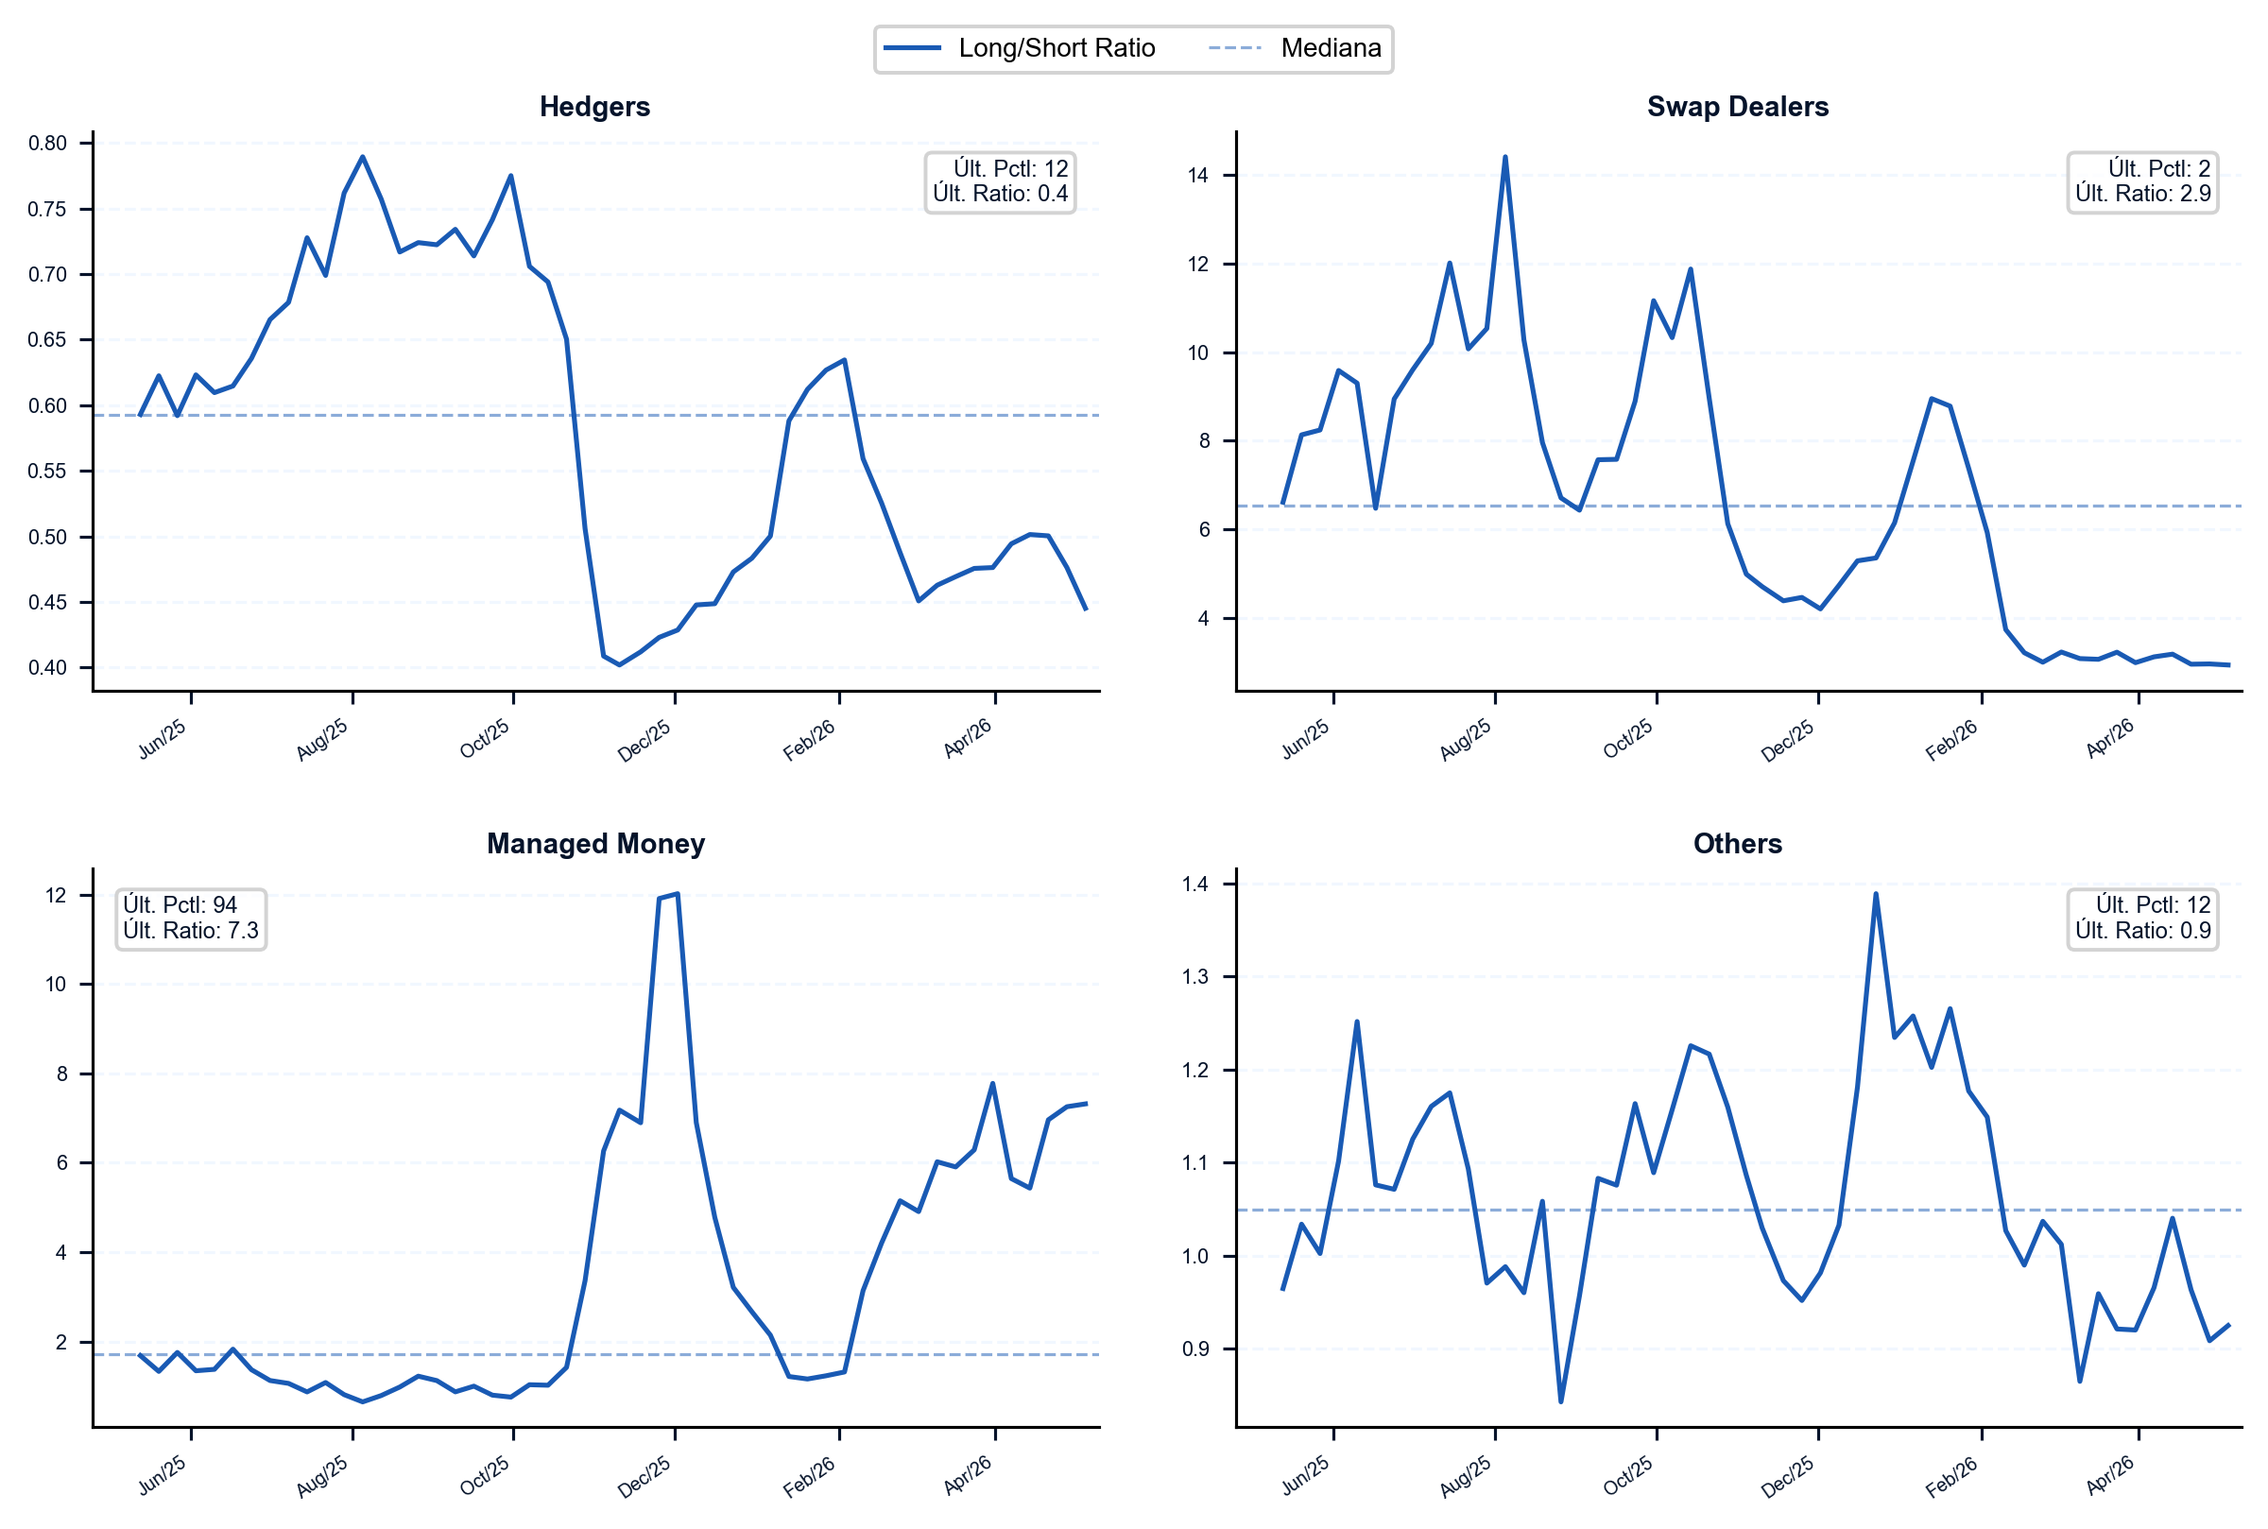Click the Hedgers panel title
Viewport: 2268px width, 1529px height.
tap(594, 106)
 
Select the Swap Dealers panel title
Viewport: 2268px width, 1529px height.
tap(1738, 106)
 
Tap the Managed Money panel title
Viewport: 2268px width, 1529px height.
tap(594, 844)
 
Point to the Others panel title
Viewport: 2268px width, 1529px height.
tap(1738, 844)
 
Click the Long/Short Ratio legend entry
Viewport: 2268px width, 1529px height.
tap(1019, 48)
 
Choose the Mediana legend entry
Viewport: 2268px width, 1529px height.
tap(1295, 48)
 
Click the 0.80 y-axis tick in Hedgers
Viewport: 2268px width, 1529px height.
tap(48, 144)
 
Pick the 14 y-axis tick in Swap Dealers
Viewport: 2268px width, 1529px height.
tap(1197, 176)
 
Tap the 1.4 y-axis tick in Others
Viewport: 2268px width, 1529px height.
tap(1194, 885)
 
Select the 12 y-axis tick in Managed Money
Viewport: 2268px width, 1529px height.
tap(56, 895)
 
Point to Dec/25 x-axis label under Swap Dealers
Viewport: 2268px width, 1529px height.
tap(1787, 740)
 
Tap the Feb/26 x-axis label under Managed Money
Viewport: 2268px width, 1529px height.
tap(809, 1476)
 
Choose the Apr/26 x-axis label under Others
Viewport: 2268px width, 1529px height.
tap(2110, 1475)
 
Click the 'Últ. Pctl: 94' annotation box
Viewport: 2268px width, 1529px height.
tap(191, 919)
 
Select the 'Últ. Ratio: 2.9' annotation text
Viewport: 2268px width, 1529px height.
tap(2142, 194)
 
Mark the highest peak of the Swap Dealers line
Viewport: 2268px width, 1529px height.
tap(1504, 157)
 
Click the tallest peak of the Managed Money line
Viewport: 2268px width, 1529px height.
tap(677, 893)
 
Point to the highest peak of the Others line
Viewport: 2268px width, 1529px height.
tap(1875, 893)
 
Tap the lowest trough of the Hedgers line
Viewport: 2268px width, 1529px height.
tap(619, 665)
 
